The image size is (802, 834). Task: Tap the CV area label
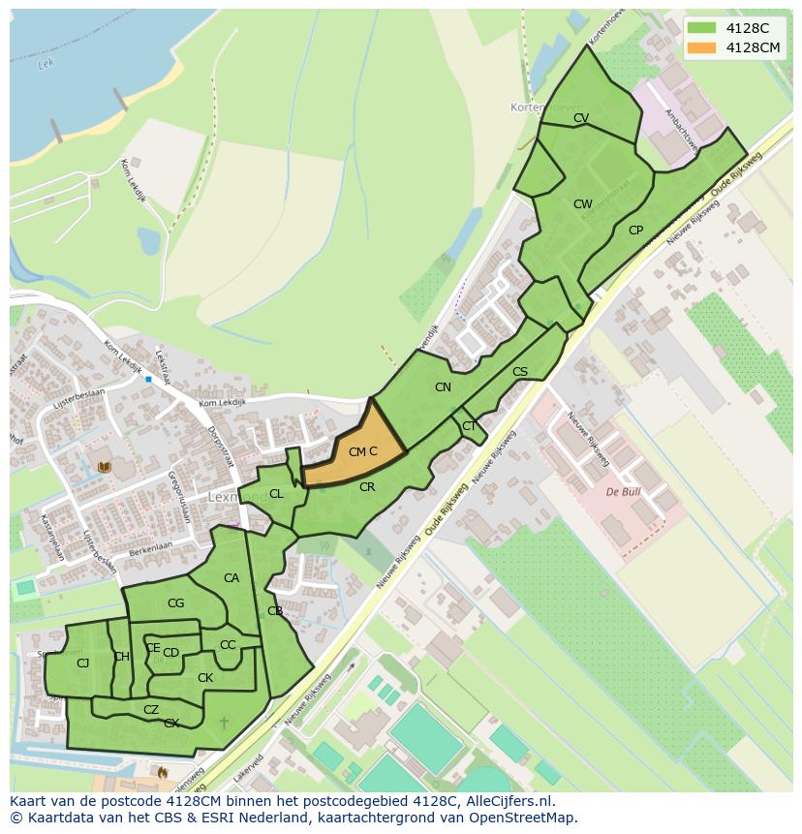[581, 118]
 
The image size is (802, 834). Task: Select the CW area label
[582, 204]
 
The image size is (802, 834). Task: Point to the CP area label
[635, 231]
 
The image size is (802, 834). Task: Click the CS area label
[520, 372]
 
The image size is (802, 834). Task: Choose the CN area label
[443, 387]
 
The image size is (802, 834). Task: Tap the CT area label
[469, 426]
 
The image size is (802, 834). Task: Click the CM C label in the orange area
[362, 451]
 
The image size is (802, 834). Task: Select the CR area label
[367, 487]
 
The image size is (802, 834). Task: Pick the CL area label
[276, 494]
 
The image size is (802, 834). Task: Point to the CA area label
[231, 578]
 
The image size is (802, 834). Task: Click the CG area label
[175, 603]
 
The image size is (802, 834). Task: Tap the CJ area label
[82, 664]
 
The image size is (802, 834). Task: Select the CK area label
[205, 678]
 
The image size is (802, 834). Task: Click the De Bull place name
[625, 492]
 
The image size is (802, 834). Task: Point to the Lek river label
[44, 66]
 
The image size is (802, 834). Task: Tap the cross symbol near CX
[225, 723]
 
